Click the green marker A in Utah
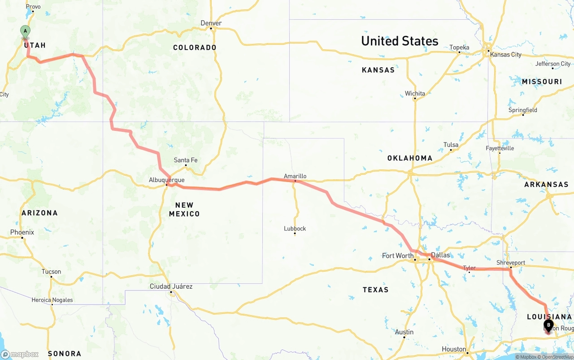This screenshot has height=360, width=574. coord(25,31)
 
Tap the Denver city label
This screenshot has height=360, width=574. coord(211,23)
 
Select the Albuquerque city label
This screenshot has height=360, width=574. coord(166,180)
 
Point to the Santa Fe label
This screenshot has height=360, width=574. coord(186,160)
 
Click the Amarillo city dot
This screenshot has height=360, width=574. coord(295,181)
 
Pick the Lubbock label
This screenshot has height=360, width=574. coord(295,228)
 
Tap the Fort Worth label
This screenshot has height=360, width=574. coord(397,256)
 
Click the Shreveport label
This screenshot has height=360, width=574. coord(510,262)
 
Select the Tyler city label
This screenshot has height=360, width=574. coord(469,268)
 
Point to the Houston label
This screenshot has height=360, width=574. coord(453,349)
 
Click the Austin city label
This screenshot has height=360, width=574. coord(404,332)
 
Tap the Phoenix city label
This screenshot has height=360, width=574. coord(22,232)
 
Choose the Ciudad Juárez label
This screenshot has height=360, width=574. coord(171,286)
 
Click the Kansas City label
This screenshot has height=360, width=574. coord(506,54)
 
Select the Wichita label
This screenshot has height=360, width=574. coord(415,93)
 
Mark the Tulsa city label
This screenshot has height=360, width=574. coord(451,144)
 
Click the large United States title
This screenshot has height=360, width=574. coord(400,41)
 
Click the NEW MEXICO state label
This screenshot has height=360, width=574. coord(184,209)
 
